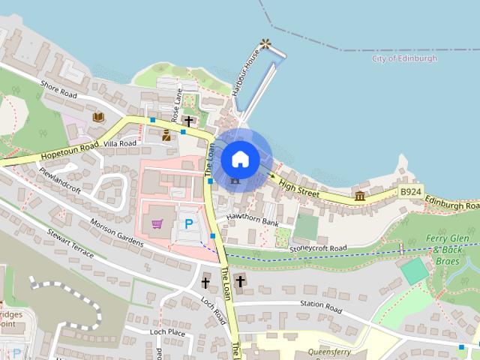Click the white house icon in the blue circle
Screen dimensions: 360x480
tap(240, 158)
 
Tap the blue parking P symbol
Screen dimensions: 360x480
tap(188, 223)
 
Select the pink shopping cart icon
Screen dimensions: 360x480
tap(157, 223)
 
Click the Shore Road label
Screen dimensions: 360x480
tap(59, 89)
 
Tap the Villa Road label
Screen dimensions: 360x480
tap(119, 142)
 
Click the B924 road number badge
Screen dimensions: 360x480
tap(411, 192)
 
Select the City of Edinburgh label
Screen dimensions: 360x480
tap(405, 58)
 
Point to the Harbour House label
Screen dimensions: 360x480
tap(245, 73)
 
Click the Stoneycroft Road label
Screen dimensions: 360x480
tap(319, 247)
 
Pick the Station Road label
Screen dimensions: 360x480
tap(320, 309)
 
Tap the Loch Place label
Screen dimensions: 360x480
tap(166, 331)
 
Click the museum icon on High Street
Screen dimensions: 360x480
tap(360, 196)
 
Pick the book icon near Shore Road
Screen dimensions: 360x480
tap(97, 116)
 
